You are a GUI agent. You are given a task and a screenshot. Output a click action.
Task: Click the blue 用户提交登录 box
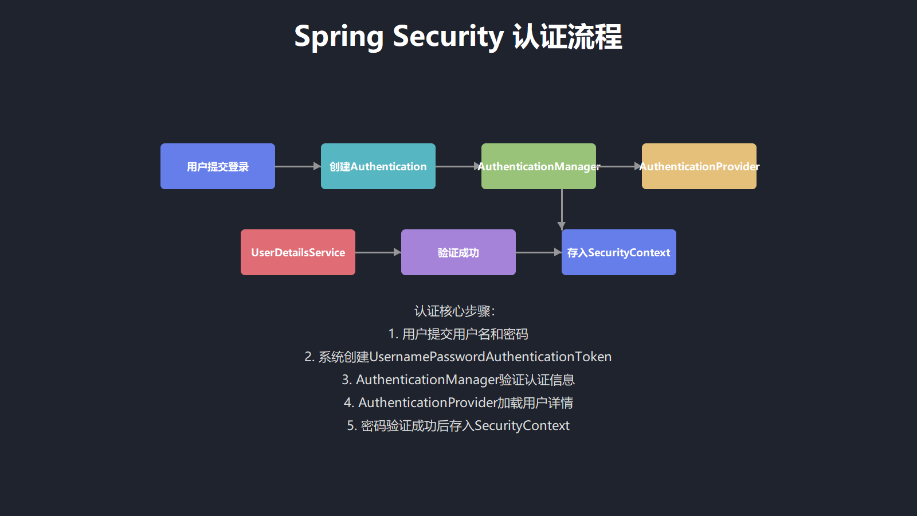coord(218,166)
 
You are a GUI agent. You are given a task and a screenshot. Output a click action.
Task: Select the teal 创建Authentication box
coord(378,166)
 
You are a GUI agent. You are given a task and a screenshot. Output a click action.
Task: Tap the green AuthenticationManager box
coord(539,166)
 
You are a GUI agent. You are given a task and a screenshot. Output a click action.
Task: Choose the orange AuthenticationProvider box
coord(699,166)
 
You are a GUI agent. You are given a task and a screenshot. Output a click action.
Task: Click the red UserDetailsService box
coord(298,252)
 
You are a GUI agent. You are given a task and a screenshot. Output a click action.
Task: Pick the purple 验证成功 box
coord(458,252)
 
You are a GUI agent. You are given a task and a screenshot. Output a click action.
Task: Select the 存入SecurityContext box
coord(619,252)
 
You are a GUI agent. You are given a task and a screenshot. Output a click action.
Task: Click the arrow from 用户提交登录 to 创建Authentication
coord(297,166)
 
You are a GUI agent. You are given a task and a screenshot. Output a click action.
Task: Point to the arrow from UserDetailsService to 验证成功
coord(378,252)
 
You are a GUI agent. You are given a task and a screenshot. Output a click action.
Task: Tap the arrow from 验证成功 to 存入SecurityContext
coord(538,252)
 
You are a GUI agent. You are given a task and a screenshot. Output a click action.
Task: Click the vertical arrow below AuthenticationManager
coord(562,209)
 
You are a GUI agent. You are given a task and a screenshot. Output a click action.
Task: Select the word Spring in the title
coord(338,37)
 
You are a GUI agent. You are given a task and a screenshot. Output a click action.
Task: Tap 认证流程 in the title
coord(567,37)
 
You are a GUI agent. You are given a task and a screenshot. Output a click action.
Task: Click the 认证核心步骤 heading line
coord(454,311)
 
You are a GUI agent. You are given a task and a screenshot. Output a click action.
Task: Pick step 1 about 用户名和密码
coord(458,334)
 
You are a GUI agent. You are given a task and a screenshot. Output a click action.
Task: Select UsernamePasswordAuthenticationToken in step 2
coord(491,357)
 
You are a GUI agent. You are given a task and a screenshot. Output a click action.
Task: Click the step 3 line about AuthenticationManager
coord(458,380)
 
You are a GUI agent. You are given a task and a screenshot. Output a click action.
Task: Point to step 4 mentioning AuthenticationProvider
coord(458,403)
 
